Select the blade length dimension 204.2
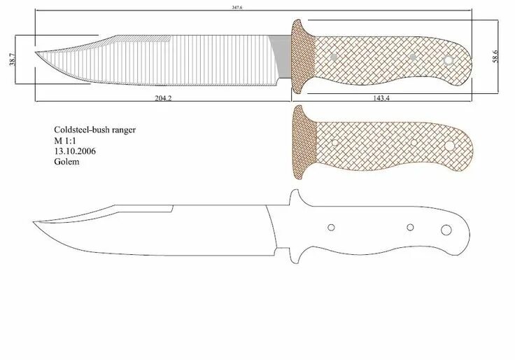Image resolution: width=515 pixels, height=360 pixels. (x=162, y=98)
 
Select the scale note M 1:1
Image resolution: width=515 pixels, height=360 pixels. (x=67, y=141)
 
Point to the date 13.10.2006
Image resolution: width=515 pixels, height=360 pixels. (x=75, y=151)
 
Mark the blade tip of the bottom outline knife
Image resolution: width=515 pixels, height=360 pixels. (x=34, y=223)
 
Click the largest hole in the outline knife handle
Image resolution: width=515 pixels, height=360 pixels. (x=446, y=231)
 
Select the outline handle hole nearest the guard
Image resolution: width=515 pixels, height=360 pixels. (x=332, y=227)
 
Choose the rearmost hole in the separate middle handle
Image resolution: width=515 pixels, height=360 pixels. (x=448, y=146)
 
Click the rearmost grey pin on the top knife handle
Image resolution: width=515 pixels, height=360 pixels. (x=448, y=61)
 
